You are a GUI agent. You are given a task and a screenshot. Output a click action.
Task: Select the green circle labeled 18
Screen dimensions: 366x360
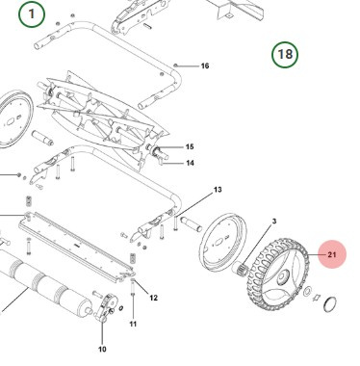tap(285, 54)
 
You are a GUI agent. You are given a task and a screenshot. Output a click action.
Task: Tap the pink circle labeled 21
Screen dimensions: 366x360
tap(332, 255)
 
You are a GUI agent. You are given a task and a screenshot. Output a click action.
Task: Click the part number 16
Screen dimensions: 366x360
tap(204, 65)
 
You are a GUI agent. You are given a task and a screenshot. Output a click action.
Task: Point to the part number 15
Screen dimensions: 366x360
tap(190, 146)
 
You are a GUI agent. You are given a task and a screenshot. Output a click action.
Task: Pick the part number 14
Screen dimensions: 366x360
tap(190, 163)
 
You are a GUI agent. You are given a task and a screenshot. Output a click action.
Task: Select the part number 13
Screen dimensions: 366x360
tap(218, 190)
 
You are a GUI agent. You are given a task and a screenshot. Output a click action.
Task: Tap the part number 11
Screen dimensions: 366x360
tap(133, 324)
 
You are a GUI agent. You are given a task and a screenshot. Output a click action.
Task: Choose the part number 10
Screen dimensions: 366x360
tap(102, 349)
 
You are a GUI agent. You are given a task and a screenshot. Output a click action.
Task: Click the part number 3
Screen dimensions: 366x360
tap(273, 222)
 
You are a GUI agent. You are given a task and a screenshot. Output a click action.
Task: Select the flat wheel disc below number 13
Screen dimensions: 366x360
tap(222, 249)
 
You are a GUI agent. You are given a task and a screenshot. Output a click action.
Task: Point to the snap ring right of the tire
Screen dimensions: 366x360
tap(328, 307)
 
